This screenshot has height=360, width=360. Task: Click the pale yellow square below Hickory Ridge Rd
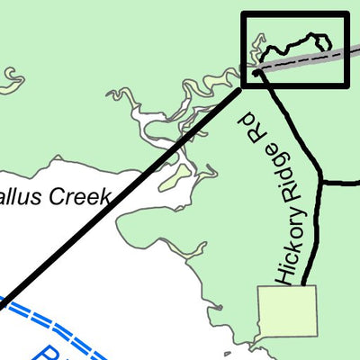coord(287,310)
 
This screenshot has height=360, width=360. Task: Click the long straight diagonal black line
coord(126,198)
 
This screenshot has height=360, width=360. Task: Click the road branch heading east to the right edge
coord(342,183)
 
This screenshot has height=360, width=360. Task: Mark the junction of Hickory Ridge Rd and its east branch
coord(321,183)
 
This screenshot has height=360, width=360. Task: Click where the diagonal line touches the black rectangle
coord(244,87)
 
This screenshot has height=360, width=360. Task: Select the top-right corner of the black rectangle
coord(346,14)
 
